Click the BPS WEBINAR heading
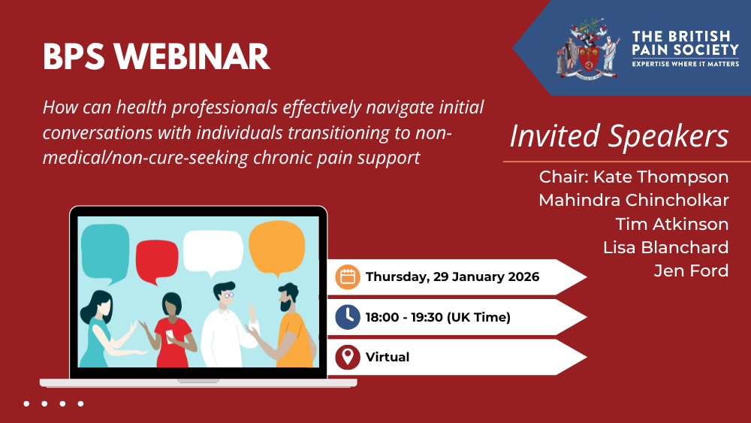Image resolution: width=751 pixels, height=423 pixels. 156,57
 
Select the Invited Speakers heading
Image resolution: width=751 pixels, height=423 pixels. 619,136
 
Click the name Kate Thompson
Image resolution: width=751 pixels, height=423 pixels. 661,177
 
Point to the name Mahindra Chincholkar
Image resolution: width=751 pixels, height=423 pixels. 634,200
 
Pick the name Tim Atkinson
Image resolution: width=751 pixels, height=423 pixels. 672,224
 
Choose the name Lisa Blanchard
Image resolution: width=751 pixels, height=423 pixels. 665,247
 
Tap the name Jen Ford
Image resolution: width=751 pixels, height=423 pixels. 691,270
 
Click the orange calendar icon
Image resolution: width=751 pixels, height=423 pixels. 348,277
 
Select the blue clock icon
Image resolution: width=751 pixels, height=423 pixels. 348,317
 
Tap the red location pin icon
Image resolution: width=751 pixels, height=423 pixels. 348,358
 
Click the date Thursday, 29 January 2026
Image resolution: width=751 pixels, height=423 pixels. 453,277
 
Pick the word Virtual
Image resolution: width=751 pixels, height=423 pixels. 388,357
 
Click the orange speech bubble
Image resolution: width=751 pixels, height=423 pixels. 277,248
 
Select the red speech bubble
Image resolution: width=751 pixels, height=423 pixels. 157,261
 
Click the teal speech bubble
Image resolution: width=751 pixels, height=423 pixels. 105,252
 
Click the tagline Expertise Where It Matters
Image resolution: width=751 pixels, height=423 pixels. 686,64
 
